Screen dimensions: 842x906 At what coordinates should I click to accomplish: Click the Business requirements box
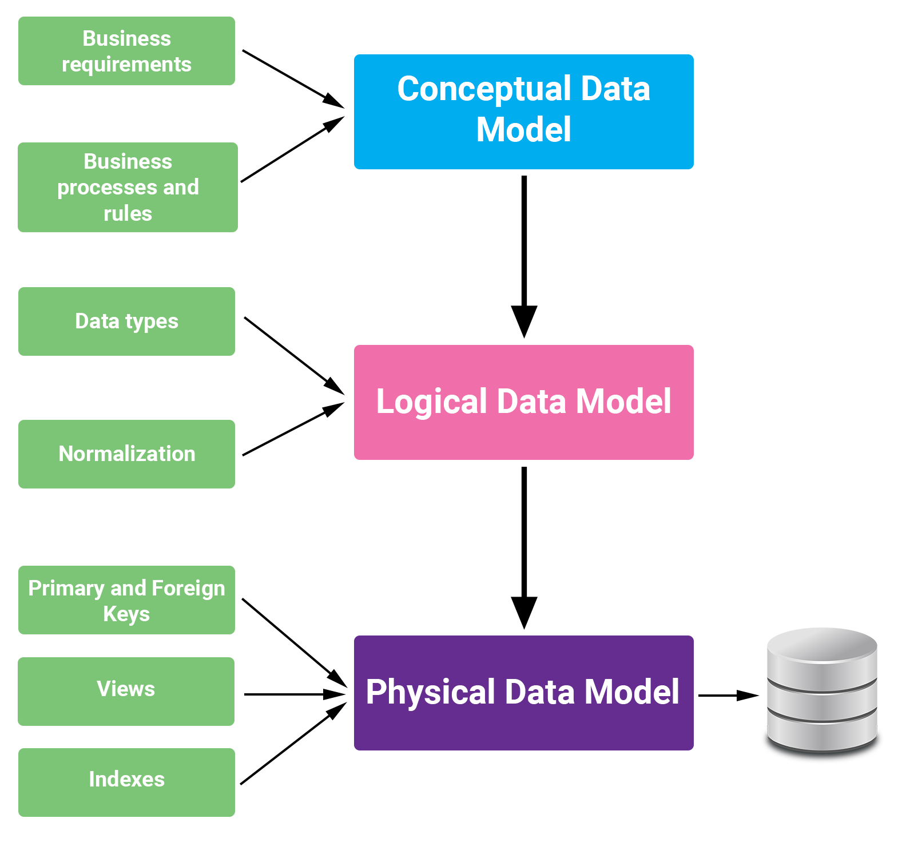(126, 51)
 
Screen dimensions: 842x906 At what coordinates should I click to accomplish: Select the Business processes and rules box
(128, 187)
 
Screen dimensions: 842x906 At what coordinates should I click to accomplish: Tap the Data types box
(126, 321)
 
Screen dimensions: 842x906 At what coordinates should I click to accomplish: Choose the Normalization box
(126, 454)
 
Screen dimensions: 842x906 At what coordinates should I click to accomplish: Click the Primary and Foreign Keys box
(126, 600)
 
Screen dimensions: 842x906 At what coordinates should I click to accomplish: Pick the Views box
(126, 692)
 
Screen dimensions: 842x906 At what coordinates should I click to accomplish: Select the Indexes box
(126, 782)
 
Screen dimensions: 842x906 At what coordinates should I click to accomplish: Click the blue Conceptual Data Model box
(523, 112)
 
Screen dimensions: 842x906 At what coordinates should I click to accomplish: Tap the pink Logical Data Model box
(523, 402)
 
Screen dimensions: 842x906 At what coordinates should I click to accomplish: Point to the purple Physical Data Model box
(523, 693)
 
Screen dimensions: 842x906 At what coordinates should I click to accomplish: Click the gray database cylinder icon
(822, 690)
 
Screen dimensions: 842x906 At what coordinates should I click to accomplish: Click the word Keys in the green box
(126, 614)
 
